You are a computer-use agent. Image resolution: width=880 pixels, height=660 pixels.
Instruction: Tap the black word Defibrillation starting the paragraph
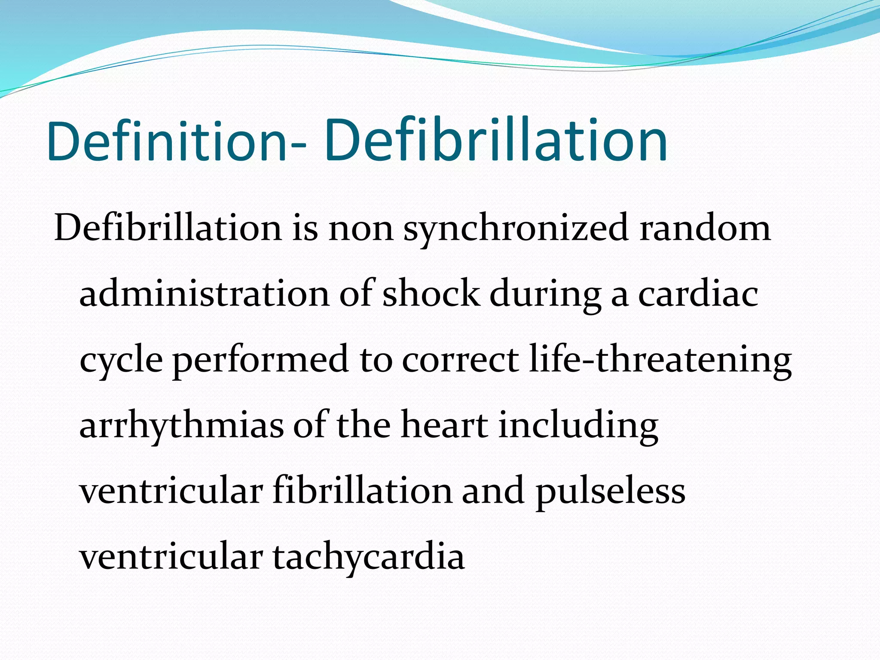pos(168,228)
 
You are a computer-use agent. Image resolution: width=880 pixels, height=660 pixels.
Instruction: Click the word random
pos(705,228)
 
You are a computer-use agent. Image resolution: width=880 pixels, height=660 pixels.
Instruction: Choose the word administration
pos(205,294)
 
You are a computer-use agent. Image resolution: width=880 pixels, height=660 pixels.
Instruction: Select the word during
pos(546,295)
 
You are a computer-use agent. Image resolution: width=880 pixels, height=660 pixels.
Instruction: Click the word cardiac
pos(698,294)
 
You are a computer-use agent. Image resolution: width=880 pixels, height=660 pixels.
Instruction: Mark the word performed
pos(260,360)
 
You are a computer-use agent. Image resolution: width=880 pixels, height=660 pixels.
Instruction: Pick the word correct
pos(460,360)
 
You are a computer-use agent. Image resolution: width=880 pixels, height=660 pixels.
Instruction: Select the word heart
pos(444,425)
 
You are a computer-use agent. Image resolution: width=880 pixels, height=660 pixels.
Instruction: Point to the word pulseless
pos(610,492)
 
